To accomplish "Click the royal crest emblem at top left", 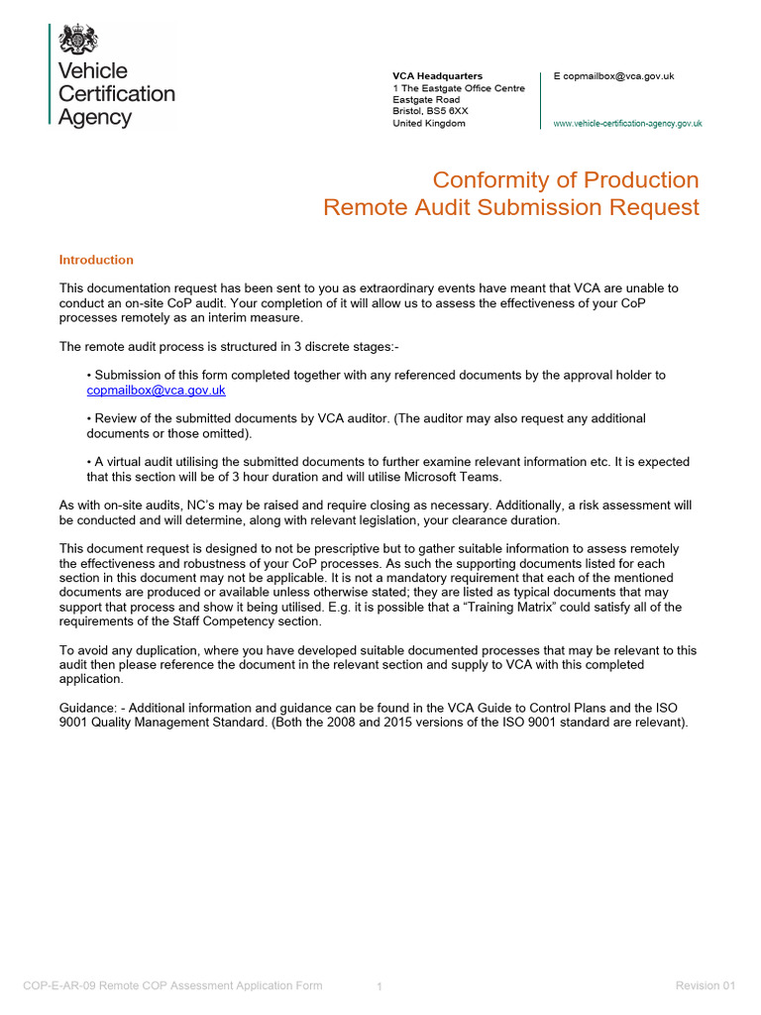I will pos(77,41).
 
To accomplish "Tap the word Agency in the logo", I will pos(94,118).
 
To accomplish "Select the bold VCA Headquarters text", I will pos(437,76).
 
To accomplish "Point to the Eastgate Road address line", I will pos(426,100).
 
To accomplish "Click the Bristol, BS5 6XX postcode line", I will pos(430,112).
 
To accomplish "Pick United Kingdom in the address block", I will pos(428,124).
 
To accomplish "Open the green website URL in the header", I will pos(627,124).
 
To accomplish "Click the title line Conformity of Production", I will pos(566,180).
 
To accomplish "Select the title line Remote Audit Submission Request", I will pos(511,207).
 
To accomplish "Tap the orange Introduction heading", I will pos(96,260).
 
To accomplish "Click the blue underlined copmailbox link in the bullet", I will pos(156,391).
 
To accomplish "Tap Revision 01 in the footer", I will pos(706,985).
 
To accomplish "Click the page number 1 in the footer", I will pos(380,986).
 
